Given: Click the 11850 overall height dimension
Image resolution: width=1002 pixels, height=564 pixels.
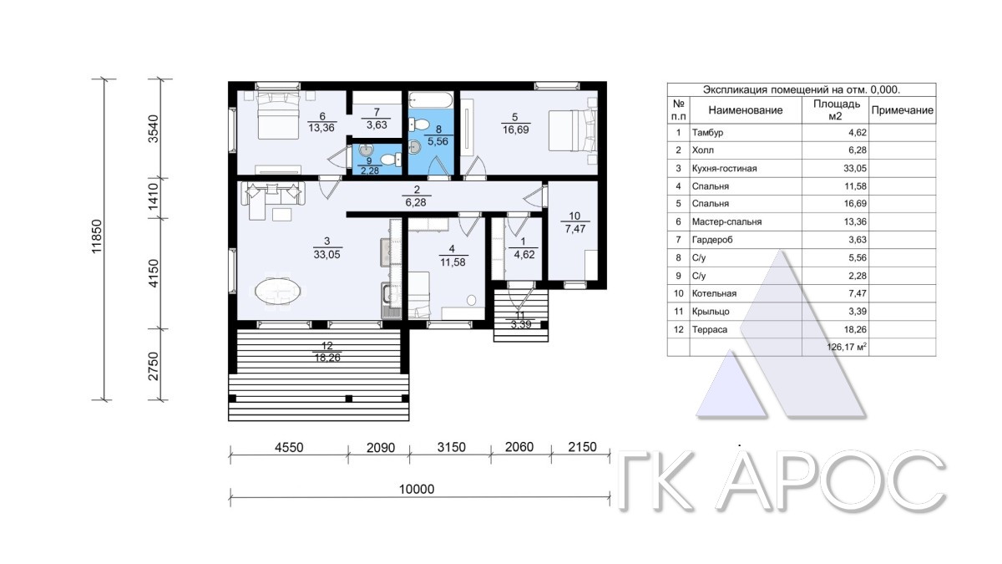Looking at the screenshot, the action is pyautogui.click(x=97, y=236).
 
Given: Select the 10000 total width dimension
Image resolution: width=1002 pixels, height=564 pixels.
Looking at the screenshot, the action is pyautogui.click(x=417, y=490).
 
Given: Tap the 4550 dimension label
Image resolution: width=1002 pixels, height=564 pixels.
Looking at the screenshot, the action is pyautogui.click(x=289, y=447).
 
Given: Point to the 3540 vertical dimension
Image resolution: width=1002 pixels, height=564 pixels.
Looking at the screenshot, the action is pyautogui.click(x=154, y=129).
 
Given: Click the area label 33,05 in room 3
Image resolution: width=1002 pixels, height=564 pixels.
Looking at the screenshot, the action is pyautogui.click(x=327, y=255).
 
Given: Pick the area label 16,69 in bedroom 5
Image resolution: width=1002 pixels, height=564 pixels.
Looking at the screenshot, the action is pyautogui.click(x=516, y=130).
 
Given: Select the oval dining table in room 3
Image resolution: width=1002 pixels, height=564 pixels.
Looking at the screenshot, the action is pyautogui.click(x=278, y=292).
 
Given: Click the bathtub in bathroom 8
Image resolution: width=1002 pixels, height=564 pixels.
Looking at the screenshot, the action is pyautogui.click(x=431, y=99).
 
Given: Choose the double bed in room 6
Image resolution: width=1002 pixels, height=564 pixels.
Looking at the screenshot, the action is pyautogui.click(x=278, y=115).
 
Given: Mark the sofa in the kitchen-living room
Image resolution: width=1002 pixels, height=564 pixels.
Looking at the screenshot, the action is pyautogui.click(x=273, y=193).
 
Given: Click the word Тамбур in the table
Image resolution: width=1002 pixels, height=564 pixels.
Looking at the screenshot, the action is pyautogui.click(x=707, y=133).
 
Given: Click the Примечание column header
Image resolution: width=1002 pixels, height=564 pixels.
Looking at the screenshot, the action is pyautogui.click(x=903, y=110).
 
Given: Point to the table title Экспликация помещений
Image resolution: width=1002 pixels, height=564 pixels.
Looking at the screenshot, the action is pyautogui.click(x=802, y=89).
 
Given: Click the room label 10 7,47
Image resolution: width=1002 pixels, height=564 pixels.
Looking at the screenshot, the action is pyautogui.click(x=574, y=223).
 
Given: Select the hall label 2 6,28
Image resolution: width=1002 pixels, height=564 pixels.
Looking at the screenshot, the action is pyautogui.click(x=416, y=196).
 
